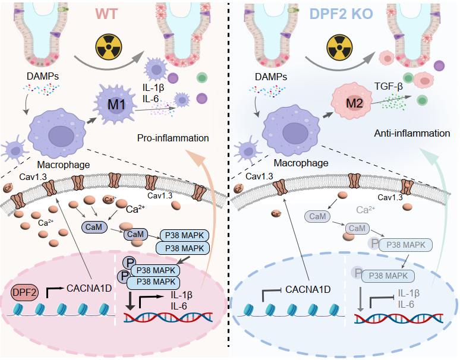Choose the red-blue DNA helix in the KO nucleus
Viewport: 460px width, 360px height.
coord(393,318)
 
